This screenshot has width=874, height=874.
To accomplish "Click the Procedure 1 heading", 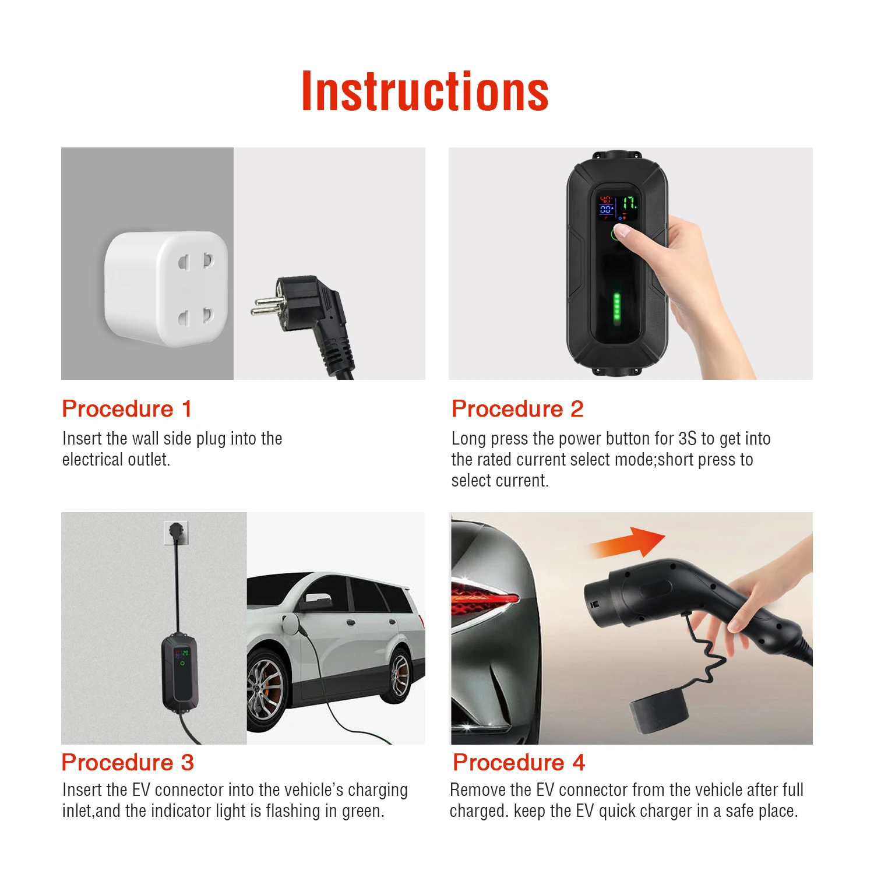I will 126,409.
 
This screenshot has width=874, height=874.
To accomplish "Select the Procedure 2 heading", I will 517,409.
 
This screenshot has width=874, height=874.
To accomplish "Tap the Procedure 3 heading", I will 128,763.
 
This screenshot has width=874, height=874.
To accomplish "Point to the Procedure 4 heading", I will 519,763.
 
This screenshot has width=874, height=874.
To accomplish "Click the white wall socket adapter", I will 166,288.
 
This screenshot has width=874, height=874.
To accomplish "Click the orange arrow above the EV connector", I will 629,543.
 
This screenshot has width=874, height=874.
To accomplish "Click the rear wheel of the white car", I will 401,675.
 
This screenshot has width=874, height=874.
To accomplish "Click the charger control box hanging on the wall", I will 180,673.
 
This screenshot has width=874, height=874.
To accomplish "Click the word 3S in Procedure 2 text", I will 687,439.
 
